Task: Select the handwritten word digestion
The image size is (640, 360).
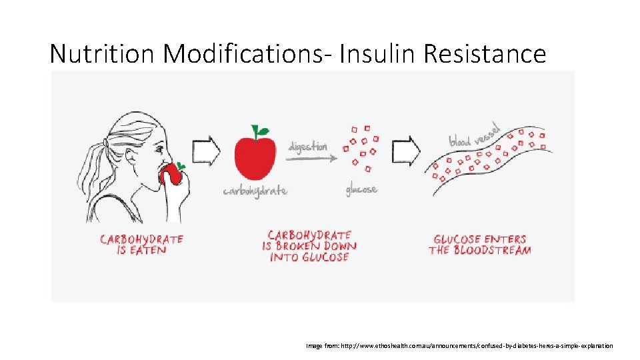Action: [x=308, y=146]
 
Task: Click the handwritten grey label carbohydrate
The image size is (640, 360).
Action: [x=255, y=191]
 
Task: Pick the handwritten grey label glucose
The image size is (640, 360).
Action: [x=361, y=190]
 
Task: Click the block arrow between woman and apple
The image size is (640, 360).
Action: [x=207, y=151]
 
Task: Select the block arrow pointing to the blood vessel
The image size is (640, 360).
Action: [x=407, y=151]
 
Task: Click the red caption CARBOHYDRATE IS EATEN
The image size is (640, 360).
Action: [x=141, y=245]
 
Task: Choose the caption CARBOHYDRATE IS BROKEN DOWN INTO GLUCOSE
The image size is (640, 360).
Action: [x=309, y=245]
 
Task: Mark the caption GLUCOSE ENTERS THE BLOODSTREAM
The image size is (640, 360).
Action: [x=479, y=245]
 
